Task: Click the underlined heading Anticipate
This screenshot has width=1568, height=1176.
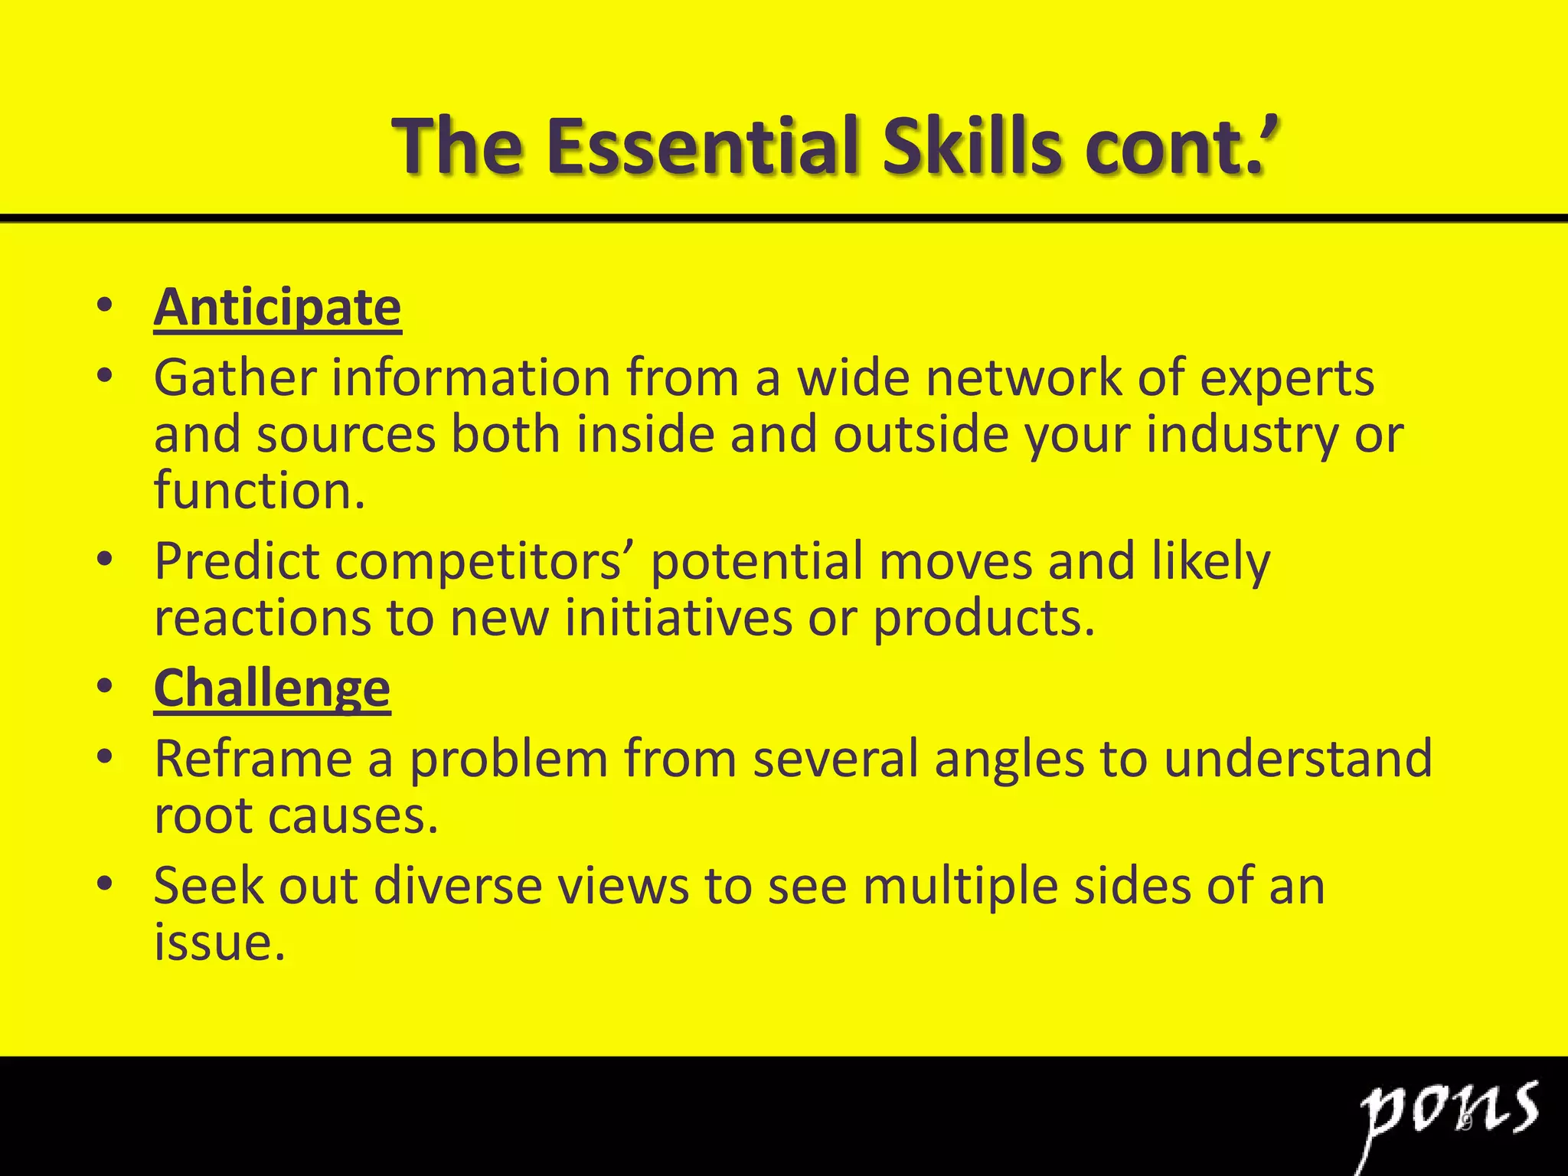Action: [277, 308]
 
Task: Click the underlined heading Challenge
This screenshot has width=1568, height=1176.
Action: [272, 688]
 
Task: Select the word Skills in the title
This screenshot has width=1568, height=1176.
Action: [972, 145]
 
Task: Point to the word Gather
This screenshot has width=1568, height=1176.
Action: [235, 377]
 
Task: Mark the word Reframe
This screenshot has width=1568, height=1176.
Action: [253, 759]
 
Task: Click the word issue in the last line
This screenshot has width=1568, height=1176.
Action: [214, 942]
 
